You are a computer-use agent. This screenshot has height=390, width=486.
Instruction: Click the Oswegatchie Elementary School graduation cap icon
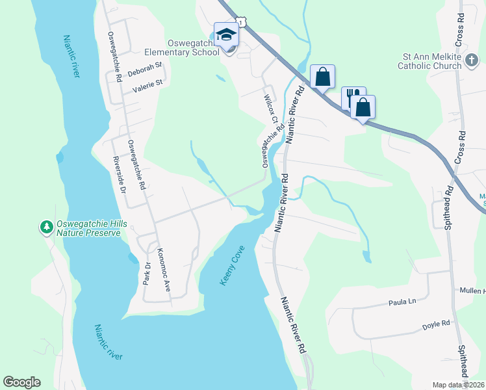coord(226,34)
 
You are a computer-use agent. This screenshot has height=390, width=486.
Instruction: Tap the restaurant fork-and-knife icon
coord(352,97)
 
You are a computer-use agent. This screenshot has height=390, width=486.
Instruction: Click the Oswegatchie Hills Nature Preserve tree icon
coord(46,227)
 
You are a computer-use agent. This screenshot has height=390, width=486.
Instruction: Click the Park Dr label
coord(147,273)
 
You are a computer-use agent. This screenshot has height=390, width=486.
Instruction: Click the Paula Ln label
coord(402,302)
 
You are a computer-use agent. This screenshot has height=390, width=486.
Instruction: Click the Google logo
coord(21,382)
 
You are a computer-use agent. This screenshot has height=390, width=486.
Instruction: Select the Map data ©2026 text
coord(458,385)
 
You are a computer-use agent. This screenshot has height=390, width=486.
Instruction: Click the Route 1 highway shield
coord(241,23)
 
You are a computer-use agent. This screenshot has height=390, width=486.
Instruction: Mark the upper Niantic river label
coord(71,57)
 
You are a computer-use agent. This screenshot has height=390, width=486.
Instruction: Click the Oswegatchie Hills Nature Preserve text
coord(88,228)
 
